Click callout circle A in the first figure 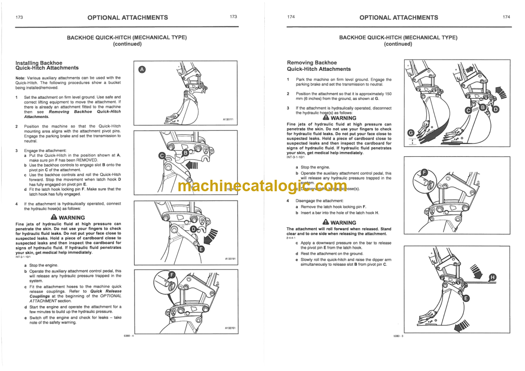141,70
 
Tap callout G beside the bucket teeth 411,133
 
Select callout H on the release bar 492,277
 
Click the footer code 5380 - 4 129,336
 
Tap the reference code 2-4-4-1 292,238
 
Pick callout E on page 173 201,249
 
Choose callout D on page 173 193,229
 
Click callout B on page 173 185,152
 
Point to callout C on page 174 468,111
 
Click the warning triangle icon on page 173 54,217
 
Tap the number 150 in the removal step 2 388,94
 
